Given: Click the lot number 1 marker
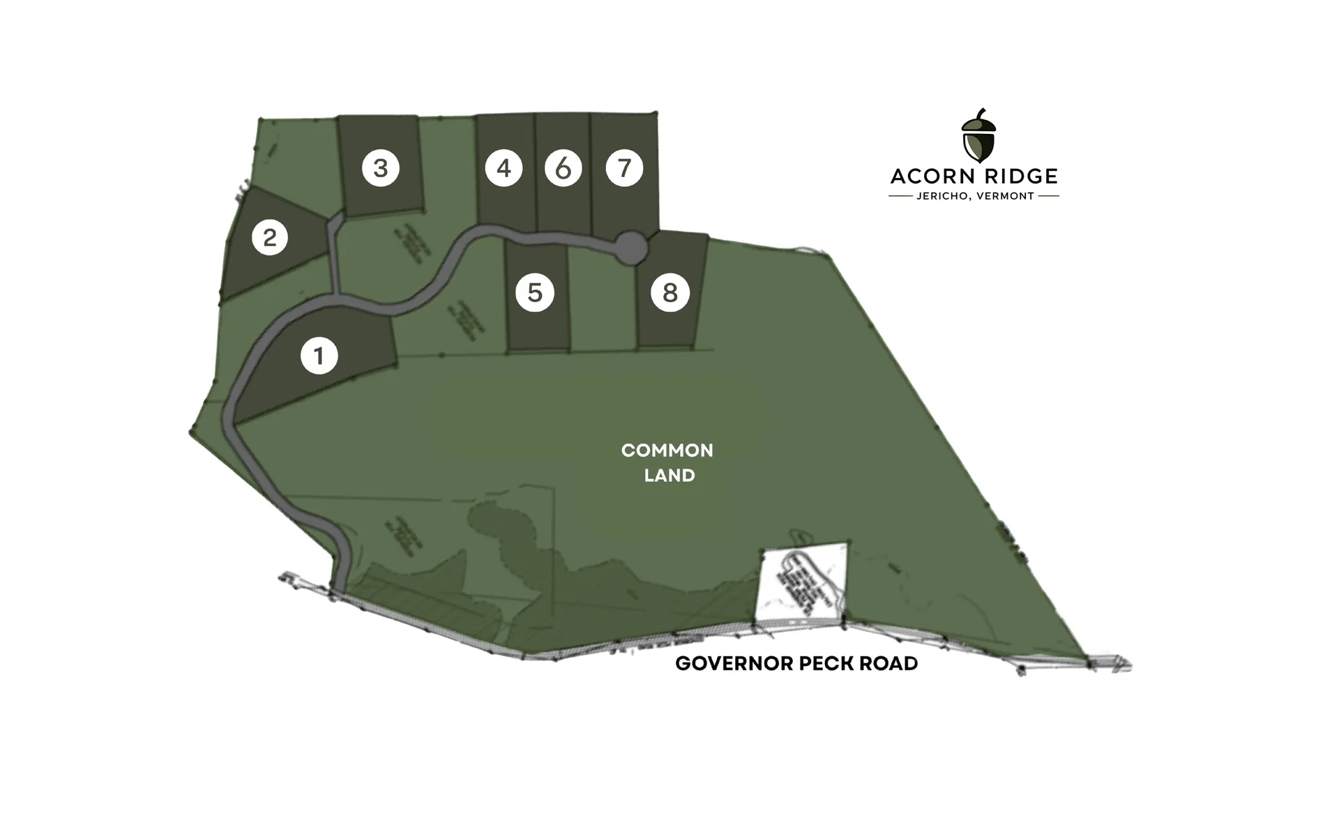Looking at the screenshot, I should [x=319, y=356].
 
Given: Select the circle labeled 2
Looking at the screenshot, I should [x=269, y=238].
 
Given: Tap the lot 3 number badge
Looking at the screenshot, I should [x=380, y=168].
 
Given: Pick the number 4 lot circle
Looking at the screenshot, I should [x=504, y=168].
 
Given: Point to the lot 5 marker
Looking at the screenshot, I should [x=535, y=293].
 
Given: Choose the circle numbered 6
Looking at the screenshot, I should [x=563, y=168].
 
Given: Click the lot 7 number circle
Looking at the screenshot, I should [x=624, y=168].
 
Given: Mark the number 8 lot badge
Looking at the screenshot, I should [x=670, y=293].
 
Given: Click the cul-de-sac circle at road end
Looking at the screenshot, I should [x=632, y=249].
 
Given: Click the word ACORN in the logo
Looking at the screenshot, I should [x=930, y=176].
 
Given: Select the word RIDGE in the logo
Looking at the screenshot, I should [x=1018, y=176].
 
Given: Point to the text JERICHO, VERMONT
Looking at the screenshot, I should [x=974, y=197].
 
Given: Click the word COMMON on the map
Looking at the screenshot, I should [x=667, y=451].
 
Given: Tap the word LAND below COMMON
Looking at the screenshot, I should [x=669, y=476].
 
